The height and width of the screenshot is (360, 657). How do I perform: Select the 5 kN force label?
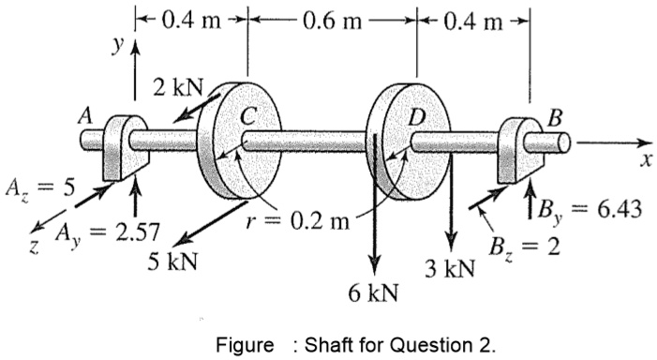click(x=172, y=261)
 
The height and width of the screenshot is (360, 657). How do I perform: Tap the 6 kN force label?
click(x=372, y=292)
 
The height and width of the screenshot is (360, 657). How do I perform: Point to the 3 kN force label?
click(x=448, y=270)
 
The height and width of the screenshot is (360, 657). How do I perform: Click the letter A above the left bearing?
click(x=86, y=116)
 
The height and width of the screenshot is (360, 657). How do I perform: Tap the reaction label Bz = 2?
click(x=521, y=247)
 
